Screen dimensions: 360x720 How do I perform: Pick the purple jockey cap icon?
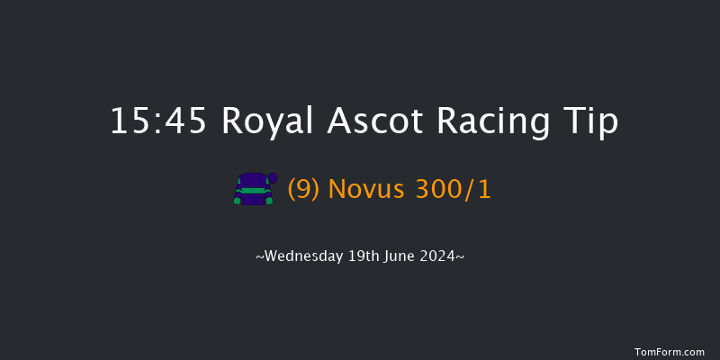point(273,177)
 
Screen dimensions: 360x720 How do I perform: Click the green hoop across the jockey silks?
point(253,190)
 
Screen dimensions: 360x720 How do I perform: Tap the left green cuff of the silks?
point(237,201)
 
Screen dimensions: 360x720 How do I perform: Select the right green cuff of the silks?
point(270,201)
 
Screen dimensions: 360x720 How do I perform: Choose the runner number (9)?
point(304,190)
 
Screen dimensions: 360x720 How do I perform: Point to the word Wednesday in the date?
point(303,256)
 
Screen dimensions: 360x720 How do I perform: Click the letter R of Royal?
point(230,120)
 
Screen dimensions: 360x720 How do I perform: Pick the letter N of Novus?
point(337,190)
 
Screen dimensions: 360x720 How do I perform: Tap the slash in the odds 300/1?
point(471,190)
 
